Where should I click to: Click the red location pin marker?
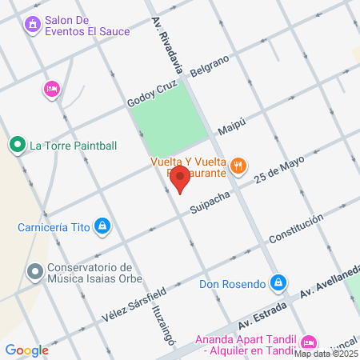click(x=180, y=178)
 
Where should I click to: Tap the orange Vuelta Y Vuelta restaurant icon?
click(x=238, y=166)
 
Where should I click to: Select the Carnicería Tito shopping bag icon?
click(x=102, y=227)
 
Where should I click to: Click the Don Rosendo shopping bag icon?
click(x=278, y=282)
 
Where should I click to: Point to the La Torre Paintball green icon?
click(x=17, y=146)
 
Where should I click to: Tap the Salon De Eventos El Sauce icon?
click(x=33, y=25)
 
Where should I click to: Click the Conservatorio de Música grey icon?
click(x=34, y=273)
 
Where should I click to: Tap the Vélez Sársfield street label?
click(x=134, y=304)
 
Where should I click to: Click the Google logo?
click(x=26, y=350)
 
